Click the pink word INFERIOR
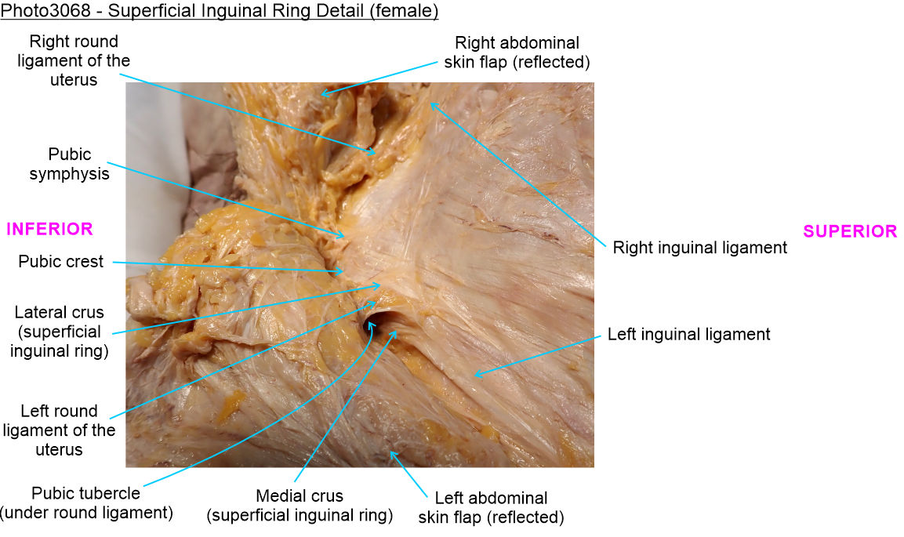click(49, 229)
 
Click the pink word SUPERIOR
click(850, 231)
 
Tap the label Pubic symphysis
click(69, 164)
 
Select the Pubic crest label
click(61, 262)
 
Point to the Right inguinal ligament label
click(699, 248)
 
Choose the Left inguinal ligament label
click(688, 335)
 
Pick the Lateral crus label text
click(59, 332)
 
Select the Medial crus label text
click(299, 506)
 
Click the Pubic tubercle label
click(85, 503)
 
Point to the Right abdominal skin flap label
click(522, 52)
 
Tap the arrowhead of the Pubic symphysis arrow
click(343, 235)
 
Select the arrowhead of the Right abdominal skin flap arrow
click(321, 94)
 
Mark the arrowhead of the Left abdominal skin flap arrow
click(391, 452)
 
